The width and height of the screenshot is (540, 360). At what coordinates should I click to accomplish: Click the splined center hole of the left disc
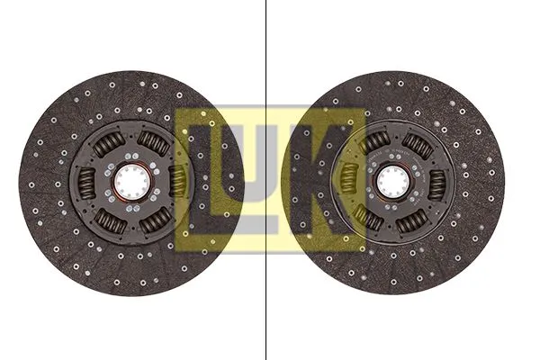(132, 182)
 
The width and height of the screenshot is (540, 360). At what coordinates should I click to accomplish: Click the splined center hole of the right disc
(393, 182)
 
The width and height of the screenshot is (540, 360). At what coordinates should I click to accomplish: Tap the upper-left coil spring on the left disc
(109, 142)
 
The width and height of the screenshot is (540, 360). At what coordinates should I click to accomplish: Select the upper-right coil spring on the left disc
(154, 142)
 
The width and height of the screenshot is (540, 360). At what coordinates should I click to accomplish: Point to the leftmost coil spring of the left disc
(86, 182)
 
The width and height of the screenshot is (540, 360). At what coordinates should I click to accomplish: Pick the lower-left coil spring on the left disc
(110, 220)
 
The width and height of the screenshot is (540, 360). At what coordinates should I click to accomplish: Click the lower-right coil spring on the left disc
(156, 220)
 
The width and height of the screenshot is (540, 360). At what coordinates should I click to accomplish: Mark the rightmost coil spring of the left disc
(178, 182)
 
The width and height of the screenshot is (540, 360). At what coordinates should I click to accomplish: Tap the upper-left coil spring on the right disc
(374, 141)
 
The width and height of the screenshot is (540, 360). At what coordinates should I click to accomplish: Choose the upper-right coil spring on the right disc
(418, 146)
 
